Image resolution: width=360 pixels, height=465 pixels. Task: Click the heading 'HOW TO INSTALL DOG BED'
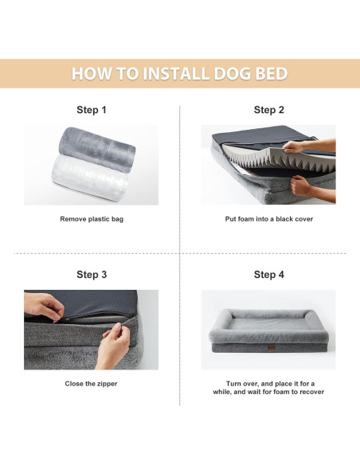click(179, 74)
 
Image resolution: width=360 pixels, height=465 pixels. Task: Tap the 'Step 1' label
click(92, 110)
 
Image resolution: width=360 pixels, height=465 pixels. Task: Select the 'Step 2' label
click(268, 110)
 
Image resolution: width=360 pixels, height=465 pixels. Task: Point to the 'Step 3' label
click(92, 275)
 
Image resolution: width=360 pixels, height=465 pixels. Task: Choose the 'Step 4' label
click(268, 275)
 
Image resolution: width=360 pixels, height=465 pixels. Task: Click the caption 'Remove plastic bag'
click(92, 218)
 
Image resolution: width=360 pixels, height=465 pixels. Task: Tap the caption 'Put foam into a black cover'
click(268, 218)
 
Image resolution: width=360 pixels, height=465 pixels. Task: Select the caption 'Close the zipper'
click(92, 383)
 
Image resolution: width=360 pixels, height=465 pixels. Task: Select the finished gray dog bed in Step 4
click(268, 330)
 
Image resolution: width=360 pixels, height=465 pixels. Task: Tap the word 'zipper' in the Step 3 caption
click(107, 383)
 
